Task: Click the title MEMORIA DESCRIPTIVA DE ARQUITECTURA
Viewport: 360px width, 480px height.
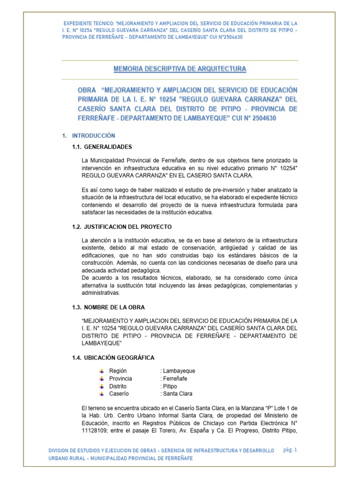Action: coord(180,69)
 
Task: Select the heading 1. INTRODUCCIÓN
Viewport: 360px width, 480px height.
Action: coord(89,135)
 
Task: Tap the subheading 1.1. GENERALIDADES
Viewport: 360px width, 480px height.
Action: coord(102,147)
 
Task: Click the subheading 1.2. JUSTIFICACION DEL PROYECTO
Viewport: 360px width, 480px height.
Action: coord(122,227)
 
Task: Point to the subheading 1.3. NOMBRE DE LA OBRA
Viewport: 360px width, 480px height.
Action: coord(108,307)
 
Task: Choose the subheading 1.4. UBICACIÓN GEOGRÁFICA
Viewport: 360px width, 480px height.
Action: coord(113,358)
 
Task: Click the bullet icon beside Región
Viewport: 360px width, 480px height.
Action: coord(102,371)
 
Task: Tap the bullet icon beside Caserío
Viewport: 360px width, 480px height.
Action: coord(102,394)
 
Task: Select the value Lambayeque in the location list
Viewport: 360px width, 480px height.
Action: coord(179,371)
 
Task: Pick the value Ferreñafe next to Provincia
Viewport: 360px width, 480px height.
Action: coord(174,378)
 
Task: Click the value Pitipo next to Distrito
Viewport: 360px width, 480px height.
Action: coord(169,386)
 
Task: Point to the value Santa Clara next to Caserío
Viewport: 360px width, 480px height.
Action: coord(177,394)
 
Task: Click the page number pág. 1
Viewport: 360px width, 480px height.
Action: coord(291,450)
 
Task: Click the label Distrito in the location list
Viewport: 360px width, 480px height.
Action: coord(118,386)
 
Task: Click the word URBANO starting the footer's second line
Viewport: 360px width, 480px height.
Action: coord(60,458)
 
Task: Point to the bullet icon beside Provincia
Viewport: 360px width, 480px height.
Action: coord(102,378)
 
